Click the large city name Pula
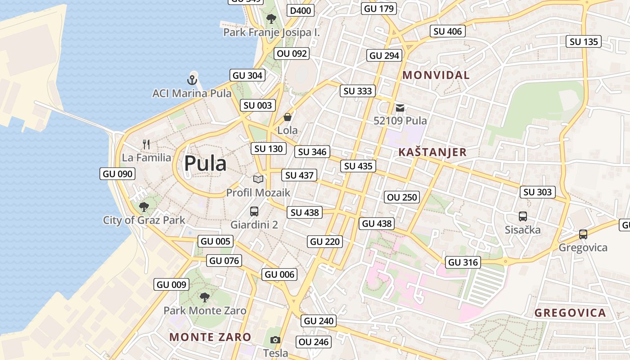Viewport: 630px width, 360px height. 205,163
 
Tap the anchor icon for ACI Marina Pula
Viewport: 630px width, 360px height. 192,81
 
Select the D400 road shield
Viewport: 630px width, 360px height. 301,10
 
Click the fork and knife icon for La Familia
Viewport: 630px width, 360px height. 146,144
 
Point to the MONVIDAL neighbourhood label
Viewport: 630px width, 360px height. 436,75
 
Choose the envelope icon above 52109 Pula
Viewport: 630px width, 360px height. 400,108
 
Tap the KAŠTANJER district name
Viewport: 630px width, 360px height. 432,152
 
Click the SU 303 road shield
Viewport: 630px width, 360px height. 537,192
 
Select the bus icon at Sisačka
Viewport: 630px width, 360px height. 522,216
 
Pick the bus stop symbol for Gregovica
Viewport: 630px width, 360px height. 583,234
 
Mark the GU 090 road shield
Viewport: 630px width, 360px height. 117,174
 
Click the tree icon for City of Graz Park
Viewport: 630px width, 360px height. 144,207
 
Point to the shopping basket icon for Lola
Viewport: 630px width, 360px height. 287,117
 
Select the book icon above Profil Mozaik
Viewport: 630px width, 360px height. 258,180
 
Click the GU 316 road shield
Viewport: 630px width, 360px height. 463,262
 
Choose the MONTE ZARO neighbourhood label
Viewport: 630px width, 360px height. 210,337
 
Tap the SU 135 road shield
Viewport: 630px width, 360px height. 584,42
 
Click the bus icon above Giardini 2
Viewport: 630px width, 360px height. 254,211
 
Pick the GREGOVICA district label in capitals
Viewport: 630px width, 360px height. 570,313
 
